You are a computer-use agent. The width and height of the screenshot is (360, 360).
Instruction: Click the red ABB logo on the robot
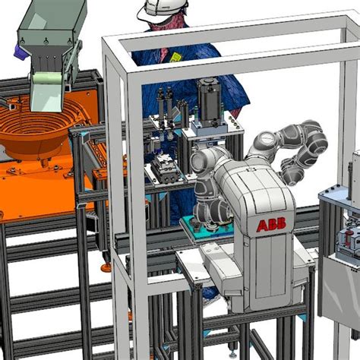coord(271,226)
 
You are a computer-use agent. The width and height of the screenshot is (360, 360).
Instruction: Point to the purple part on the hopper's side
coord(21,52)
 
